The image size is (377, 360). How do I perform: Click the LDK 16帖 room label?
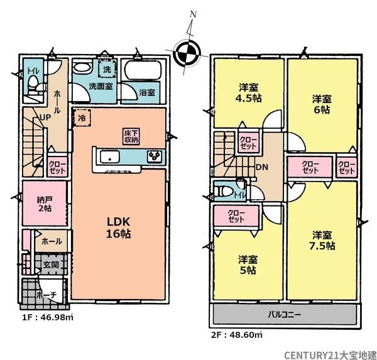click(x=119, y=227)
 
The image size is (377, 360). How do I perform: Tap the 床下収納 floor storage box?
click(x=131, y=136)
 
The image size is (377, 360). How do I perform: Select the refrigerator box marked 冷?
click(x=82, y=117)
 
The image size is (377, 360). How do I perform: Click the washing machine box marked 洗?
click(x=107, y=69)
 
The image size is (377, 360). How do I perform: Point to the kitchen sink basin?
click(x=109, y=157)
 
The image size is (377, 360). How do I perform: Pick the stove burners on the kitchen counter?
click(x=155, y=156)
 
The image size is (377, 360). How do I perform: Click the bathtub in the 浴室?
click(x=143, y=70)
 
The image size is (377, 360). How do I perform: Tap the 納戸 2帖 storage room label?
click(x=45, y=204)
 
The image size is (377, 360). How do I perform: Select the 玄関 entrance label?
click(x=51, y=265)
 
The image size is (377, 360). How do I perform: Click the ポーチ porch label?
click(x=46, y=295)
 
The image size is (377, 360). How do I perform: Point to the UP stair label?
click(x=45, y=117)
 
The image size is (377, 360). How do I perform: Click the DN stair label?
click(x=262, y=167)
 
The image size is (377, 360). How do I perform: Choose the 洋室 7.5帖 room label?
click(x=322, y=240)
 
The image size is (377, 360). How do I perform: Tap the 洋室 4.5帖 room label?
click(x=249, y=93)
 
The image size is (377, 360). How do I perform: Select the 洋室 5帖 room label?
click(x=248, y=265)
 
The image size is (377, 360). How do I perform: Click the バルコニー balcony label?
click(x=284, y=314)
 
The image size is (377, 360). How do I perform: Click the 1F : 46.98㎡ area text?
click(x=48, y=318)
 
